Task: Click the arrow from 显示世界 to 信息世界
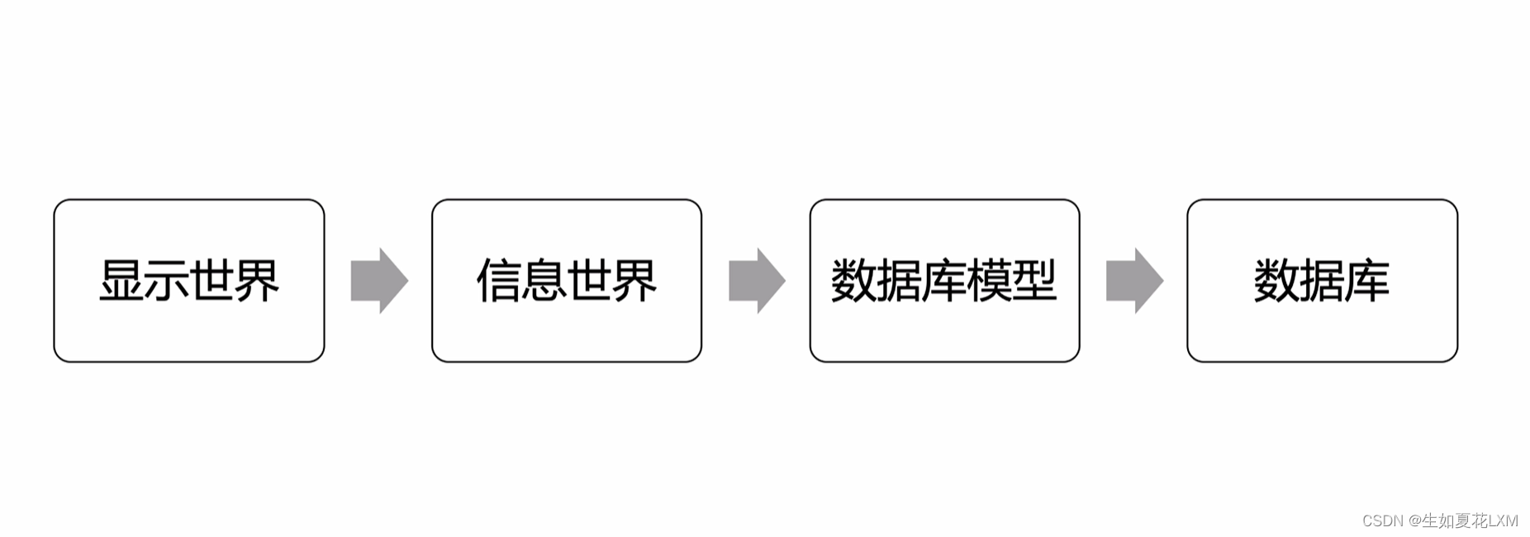pyautogui.click(x=379, y=281)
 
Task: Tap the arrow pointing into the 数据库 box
pyautogui.click(x=1134, y=281)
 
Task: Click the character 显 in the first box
pyautogui.click(x=121, y=281)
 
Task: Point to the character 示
pyautogui.click(x=167, y=281)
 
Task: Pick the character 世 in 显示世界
pyautogui.click(x=212, y=281)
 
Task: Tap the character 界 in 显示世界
pyautogui.click(x=258, y=281)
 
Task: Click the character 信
pyautogui.click(x=499, y=281)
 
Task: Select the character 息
pyautogui.click(x=544, y=281)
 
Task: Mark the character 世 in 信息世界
pyautogui.click(x=590, y=281)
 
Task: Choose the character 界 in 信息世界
pyautogui.click(x=635, y=281)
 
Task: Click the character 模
pyautogui.click(x=990, y=281)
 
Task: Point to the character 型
pyautogui.click(x=1035, y=281)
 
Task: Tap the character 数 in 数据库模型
pyautogui.click(x=853, y=281)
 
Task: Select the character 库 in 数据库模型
pyautogui.click(x=944, y=281)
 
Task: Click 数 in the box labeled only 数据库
pyautogui.click(x=1276, y=281)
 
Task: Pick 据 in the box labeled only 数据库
pyautogui.click(x=1322, y=281)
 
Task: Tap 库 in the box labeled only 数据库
pyautogui.click(x=1367, y=281)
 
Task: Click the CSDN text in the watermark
pyautogui.click(x=1383, y=520)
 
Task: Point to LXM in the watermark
pyautogui.click(x=1503, y=520)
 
